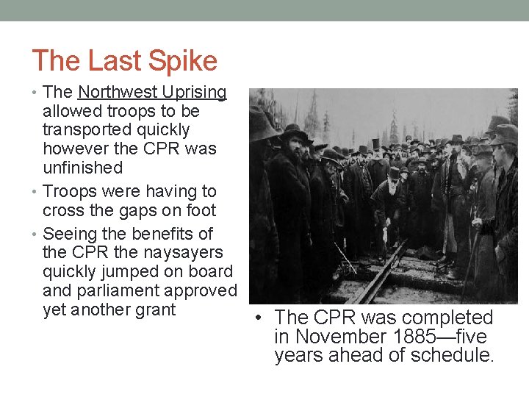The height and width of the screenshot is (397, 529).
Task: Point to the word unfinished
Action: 82,168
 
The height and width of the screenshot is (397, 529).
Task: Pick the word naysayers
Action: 184,253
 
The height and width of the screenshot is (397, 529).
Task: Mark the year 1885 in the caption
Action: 415,337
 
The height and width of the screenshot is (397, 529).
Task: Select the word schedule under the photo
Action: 457,357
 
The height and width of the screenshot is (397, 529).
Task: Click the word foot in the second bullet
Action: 200,210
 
